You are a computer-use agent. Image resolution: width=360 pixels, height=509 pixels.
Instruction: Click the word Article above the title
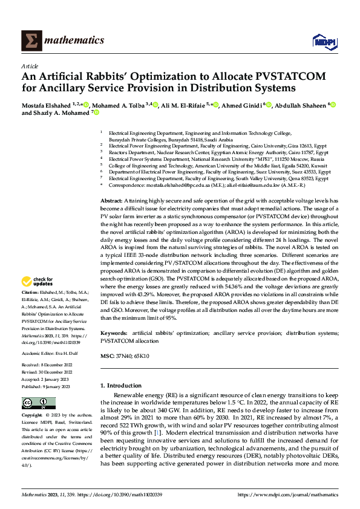30,66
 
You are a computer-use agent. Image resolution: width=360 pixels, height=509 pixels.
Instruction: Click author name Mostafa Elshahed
46,106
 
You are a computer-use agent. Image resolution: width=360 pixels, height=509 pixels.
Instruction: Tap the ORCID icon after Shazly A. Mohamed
96,113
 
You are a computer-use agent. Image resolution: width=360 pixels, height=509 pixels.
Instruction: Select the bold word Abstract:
111,200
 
